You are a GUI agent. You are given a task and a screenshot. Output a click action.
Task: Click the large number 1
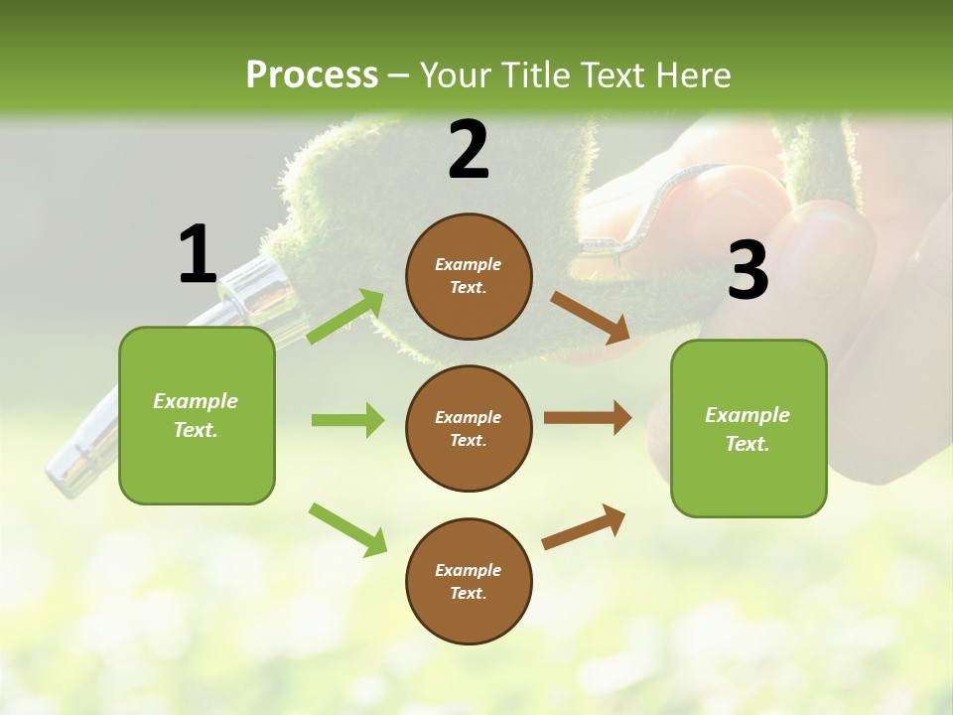tap(198, 254)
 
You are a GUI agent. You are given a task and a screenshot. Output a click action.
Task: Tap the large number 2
tap(469, 150)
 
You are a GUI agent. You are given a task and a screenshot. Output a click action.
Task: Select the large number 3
tap(748, 270)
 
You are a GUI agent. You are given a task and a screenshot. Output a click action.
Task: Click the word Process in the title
tap(312, 74)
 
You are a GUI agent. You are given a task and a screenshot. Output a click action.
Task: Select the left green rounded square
tap(197, 415)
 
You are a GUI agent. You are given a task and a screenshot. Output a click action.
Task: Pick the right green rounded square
tap(749, 428)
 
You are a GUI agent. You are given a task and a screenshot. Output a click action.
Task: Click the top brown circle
tap(469, 276)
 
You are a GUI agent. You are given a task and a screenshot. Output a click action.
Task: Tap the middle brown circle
tap(469, 428)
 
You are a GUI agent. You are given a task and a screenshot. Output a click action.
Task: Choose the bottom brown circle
tap(469, 581)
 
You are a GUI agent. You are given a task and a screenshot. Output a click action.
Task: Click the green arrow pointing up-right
tap(346, 316)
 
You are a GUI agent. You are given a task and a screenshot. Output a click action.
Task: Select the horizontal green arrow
tap(347, 420)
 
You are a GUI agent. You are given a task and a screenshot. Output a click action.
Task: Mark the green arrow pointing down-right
tap(347, 529)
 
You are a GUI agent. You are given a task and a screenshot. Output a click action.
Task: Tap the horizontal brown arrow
tap(587, 417)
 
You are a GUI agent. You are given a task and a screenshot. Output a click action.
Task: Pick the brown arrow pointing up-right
tap(584, 527)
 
